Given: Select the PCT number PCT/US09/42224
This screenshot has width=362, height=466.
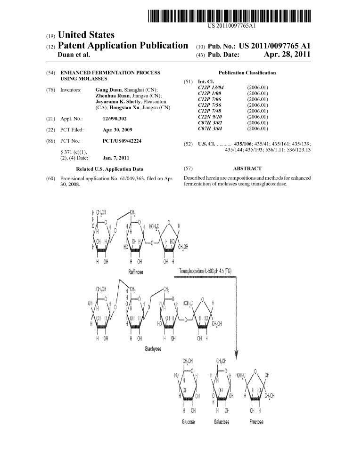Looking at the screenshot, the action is coord(122,141).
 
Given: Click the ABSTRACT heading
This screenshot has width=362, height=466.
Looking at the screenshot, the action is coord(247,168).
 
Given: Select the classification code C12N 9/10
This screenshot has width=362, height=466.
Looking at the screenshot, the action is coord(210,117).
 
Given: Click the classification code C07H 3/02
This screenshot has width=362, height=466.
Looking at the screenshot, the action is coord(210,122).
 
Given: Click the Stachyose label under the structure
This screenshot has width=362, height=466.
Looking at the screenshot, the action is coord(152,349).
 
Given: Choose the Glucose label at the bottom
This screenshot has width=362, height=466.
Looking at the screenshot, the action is coord(189,422).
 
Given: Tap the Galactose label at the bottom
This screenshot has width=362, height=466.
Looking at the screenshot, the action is coord(221,422).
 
